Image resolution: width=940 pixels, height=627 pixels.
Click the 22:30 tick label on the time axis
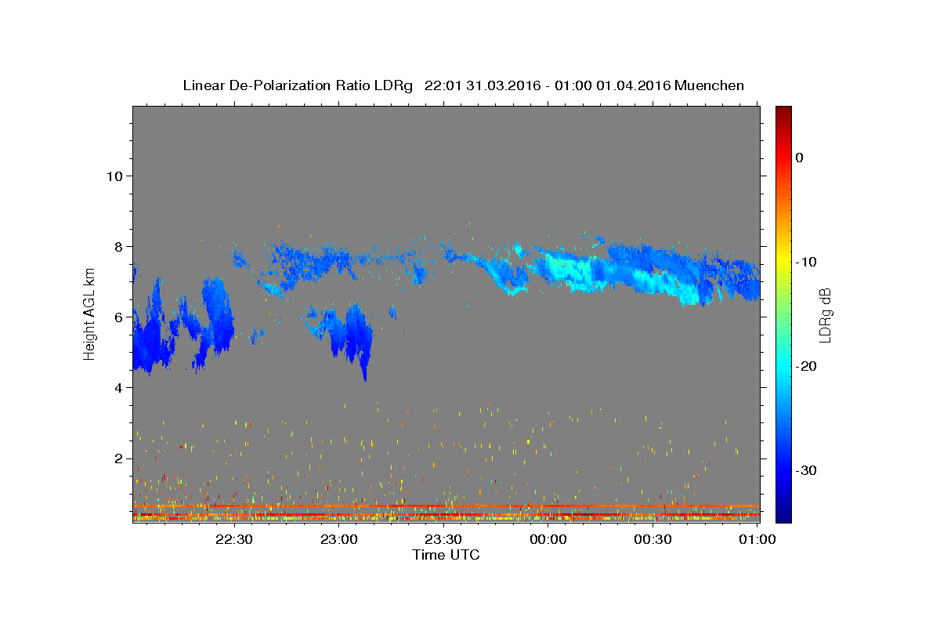pyautogui.click(x=234, y=539)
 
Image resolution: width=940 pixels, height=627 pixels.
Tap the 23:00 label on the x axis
pyautogui.click(x=338, y=539)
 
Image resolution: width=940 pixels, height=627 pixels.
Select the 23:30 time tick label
pyautogui.click(x=443, y=539)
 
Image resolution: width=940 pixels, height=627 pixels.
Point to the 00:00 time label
pyautogui.click(x=548, y=539)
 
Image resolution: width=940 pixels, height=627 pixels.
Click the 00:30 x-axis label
pyautogui.click(x=653, y=539)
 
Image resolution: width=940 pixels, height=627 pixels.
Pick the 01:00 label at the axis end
pyautogui.click(x=757, y=539)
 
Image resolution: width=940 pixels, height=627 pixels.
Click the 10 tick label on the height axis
pyautogui.click(x=114, y=176)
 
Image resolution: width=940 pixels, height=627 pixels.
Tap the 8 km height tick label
pyautogui.click(x=119, y=247)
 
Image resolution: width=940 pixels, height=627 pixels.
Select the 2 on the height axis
pyautogui.click(x=119, y=458)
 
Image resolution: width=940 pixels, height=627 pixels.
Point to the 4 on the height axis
pyautogui.click(x=119, y=388)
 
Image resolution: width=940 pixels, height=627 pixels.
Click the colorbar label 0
pyautogui.click(x=799, y=158)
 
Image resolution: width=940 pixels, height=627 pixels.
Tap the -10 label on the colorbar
pyautogui.click(x=806, y=262)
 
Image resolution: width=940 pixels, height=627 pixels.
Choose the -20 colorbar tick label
pyautogui.click(x=806, y=366)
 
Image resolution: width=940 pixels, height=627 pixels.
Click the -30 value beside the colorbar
pyautogui.click(x=806, y=470)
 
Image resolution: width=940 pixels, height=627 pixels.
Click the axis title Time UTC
pyautogui.click(x=446, y=555)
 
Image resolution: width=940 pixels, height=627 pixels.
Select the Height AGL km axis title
pyautogui.click(x=89, y=314)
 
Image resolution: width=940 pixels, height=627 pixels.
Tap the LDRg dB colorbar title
pyautogui.click(x=825, y=315)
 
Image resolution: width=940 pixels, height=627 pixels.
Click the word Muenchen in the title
pyautogui.click(x=709, y=85)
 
